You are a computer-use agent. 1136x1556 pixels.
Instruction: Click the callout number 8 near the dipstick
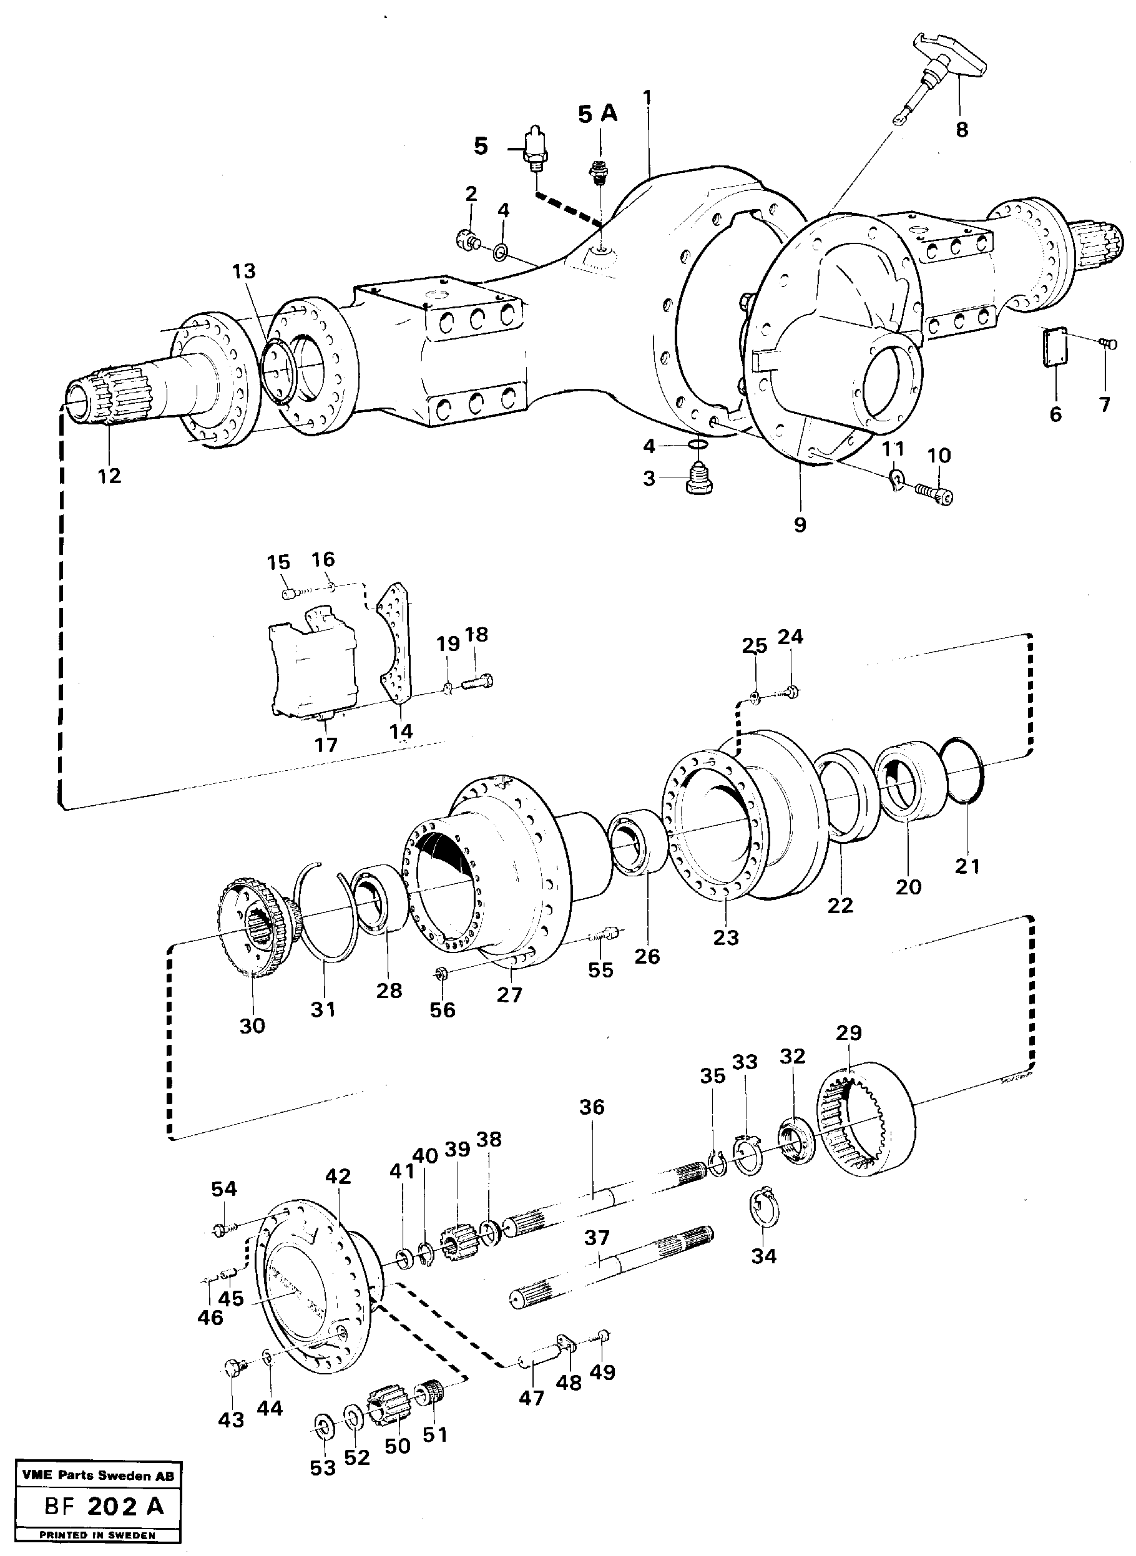pos(961,129)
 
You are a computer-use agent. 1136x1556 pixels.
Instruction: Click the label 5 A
pos(597,114)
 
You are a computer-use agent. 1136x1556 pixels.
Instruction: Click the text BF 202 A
pos(104,1501)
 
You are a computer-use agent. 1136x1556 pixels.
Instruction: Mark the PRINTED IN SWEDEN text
pos(97,1534)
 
